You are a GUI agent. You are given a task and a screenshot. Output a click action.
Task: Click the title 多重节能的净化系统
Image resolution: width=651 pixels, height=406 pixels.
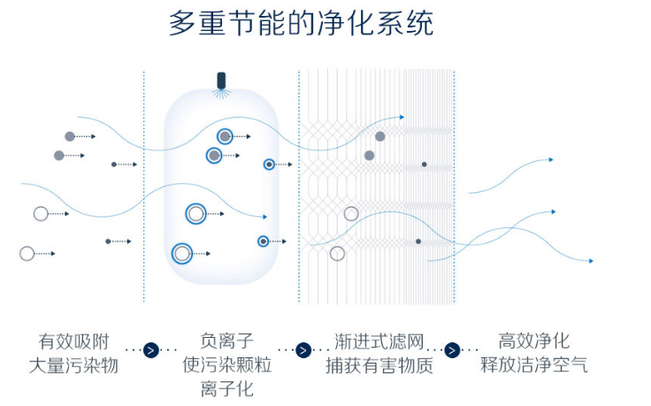pyautogui.click(x=301, y=23)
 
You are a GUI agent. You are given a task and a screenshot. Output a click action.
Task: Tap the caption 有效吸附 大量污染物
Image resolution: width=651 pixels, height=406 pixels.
pyautogui.click(x=73, y=352)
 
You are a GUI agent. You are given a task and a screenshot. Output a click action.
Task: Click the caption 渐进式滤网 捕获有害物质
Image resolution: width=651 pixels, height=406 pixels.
pyautogui.click(x=379, y=352)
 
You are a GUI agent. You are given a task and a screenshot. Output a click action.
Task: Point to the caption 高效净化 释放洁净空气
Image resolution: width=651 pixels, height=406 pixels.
pyautogui.click(x=533, y=352)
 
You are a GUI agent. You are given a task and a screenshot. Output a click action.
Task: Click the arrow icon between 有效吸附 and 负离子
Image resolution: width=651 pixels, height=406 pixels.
pyautogui.click(x=151, y=349)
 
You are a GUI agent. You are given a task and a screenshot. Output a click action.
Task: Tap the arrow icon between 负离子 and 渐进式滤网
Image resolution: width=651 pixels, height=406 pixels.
pyautogui.click(x=303, y=349)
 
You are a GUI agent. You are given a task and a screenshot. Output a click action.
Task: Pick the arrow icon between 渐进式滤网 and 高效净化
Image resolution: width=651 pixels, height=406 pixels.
pyautogui.click(x=452, y=349)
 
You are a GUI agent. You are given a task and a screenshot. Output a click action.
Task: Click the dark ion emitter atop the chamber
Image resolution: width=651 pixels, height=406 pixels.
pyautogui.click(x=221, y=80)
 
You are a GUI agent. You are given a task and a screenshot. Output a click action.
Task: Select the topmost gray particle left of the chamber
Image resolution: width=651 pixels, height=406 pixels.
pyautogui.click(x=70, y=136)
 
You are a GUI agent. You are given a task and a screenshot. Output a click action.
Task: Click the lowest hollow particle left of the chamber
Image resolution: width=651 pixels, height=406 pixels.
pyautogui.click(x=27, y=254)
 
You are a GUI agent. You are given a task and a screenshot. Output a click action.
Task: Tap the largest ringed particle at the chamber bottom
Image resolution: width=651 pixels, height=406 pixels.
pyautogui.click(x=182, y=254)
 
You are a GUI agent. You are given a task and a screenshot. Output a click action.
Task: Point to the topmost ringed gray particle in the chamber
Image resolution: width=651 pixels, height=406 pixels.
pyautogui.click(x=226, y=136)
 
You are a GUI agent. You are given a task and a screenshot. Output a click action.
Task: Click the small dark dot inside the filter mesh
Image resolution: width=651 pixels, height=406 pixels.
pyautogui.click(x=424, y=165)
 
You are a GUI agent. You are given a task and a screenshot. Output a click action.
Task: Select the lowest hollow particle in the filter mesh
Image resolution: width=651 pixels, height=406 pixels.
pyautogui.click(x=337, y=254)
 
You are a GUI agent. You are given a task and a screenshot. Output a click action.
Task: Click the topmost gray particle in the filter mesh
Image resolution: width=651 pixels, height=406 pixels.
pyautogui.click(x=380, y=136)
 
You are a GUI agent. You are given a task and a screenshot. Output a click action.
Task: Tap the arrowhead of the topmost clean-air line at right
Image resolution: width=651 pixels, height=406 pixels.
pyautogui.click(x=551, y=159)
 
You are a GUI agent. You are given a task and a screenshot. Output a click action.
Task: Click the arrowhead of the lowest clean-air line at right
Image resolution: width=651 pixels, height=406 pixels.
pyautogui.click(x=591, y=261)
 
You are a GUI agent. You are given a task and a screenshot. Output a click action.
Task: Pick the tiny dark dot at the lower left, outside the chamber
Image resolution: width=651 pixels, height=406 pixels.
pyautogui.click(x=108, y=241)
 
